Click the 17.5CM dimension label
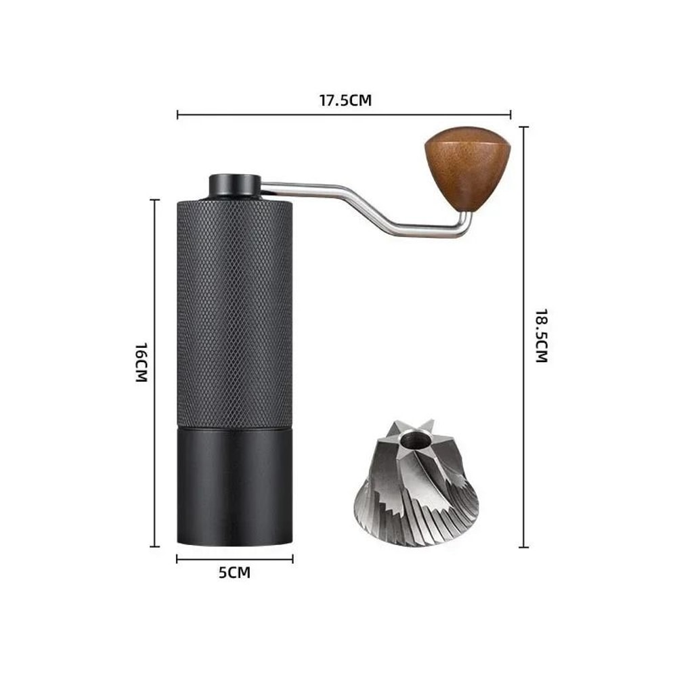coord(345,101)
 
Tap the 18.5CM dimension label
coord(540,336)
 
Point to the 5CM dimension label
coord(234,573)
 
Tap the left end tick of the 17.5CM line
coord(177,114)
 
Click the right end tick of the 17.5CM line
coord(511,114)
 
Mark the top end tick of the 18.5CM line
coord(523,127)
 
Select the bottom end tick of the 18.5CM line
coord(523,546)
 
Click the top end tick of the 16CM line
coord(155,200)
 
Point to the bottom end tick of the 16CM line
coord(155,545)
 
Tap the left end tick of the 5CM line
coord(177,559)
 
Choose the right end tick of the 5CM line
coord(292,559)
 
